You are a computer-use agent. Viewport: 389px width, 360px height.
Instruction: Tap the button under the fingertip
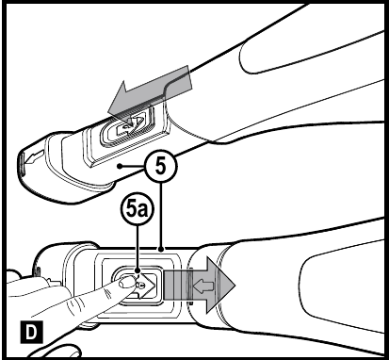pos(132,282)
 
